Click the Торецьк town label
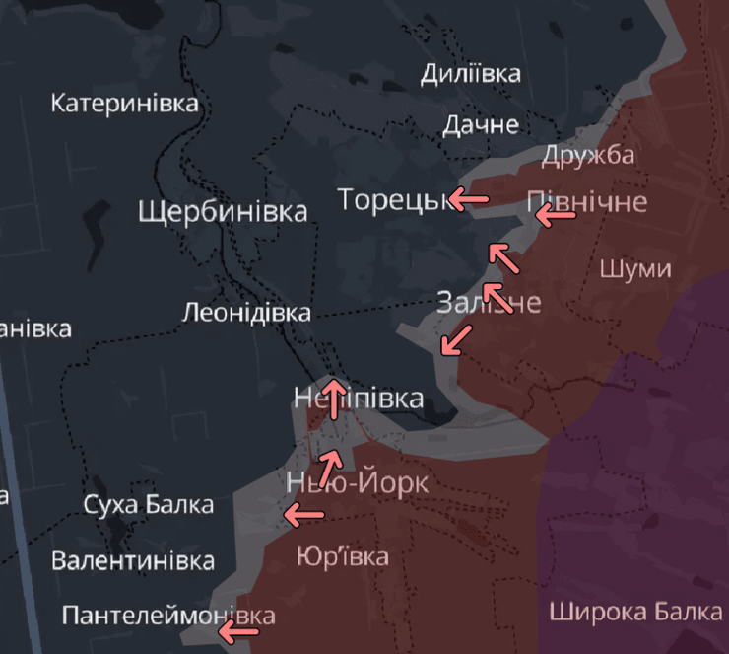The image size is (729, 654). [x=392, y=199]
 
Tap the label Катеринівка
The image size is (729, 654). [x=124, y=103]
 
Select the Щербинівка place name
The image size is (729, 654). [x=223, y=211]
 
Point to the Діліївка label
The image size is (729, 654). [x=470, y=73]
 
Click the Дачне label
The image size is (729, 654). [x=480, y=124]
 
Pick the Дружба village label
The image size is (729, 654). [x=587, y=155]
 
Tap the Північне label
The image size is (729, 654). [x=587, y=202]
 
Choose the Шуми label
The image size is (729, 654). [x=634, y=269]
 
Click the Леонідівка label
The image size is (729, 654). [x=246, y=313]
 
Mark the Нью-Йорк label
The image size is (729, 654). [x=358, y=483]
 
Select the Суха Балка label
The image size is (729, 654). [x=148, y=506]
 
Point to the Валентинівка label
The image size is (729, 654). [x=133, y=561]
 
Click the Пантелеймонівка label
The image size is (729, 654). [x=167, y=616]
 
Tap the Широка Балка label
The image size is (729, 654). [x=635, y=612]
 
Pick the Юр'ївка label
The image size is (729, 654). [x=342, y=556]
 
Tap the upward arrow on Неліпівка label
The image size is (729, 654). [x=335, y=398]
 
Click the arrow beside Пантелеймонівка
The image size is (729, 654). [x=236, y=632]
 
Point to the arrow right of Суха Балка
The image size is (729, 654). [x=303, y=513]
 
